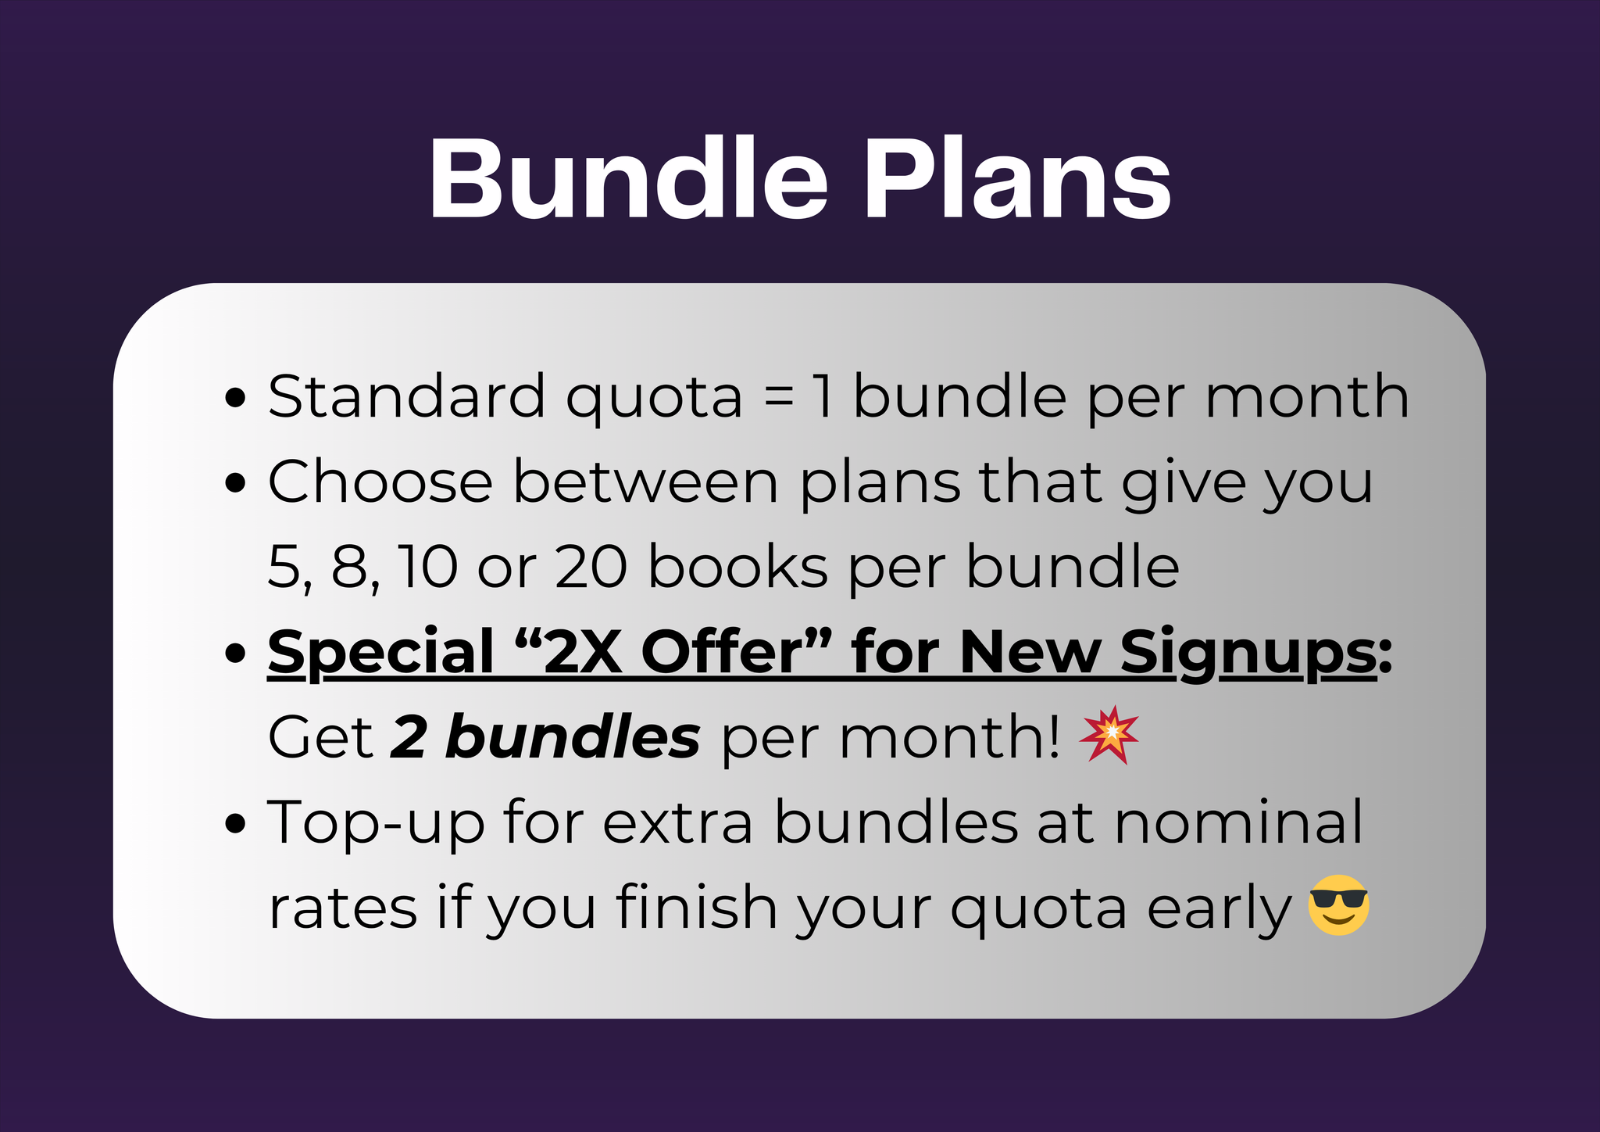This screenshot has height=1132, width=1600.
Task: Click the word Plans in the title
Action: coord(1016,180)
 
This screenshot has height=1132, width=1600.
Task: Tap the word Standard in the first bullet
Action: coord(406,396)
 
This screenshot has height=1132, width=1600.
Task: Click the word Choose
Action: coord(380,482)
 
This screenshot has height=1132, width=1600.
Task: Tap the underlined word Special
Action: coord(381,653)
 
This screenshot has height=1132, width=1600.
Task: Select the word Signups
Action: coord(1248,653)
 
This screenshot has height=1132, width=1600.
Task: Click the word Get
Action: coord(320,737)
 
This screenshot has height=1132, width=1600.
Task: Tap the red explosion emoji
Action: coord(1109,735)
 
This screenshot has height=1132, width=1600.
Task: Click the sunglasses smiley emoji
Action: coord(1338,905)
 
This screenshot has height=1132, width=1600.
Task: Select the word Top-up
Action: coord(376,823)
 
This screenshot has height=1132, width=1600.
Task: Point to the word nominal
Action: coord(1238,822)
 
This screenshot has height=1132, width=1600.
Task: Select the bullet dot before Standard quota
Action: coord(234,398)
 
